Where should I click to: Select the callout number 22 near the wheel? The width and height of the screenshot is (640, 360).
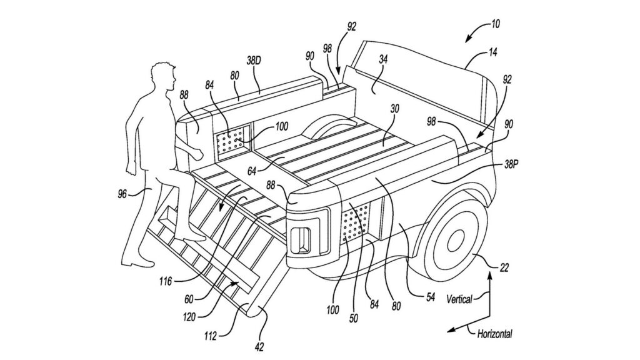click(504, 268)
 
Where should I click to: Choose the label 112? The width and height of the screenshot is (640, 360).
click(210, 337)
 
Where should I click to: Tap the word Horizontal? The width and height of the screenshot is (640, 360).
click(494, 334)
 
